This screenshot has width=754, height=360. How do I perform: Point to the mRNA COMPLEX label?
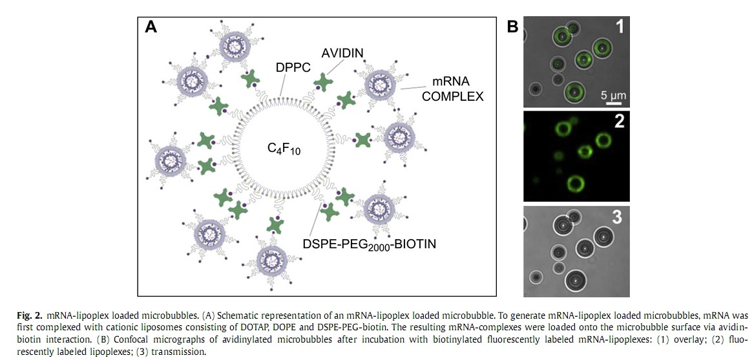tap(452, 90)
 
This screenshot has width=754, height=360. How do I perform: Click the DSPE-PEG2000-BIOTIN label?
tap(370, 244)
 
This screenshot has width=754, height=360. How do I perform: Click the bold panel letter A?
tap(151, 27)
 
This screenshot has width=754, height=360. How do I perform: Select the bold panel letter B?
tap(512, 27)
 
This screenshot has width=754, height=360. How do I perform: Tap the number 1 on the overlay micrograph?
tap(619, 27)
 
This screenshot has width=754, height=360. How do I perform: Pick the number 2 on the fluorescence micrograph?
tap(619, 122)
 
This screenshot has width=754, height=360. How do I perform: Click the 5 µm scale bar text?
tap(613, 95)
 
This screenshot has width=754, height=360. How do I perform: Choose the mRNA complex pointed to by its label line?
tap(379, 85)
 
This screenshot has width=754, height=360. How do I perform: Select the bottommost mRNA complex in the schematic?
tap(271, 260)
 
